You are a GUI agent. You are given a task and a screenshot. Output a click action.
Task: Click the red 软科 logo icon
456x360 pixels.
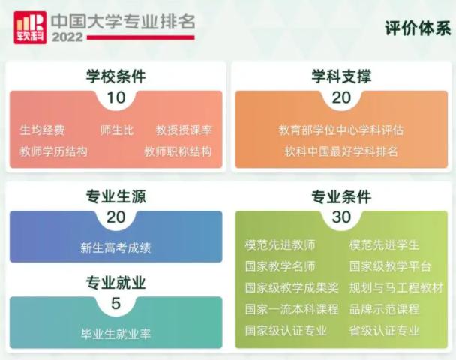29,27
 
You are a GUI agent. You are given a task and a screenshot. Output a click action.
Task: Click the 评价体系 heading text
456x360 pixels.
417,28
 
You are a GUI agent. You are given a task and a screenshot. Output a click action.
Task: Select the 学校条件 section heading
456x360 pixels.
115,76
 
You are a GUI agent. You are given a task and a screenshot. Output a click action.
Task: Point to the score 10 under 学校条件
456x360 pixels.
115,97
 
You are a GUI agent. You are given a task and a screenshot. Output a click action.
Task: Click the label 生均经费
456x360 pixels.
42,130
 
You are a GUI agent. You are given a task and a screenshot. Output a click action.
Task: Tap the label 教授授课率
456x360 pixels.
184,130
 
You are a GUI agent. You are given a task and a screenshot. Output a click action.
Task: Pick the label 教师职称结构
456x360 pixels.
178,151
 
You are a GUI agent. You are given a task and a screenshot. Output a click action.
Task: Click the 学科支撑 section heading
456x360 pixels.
341,76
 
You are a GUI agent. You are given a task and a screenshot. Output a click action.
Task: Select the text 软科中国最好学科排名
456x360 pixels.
341,151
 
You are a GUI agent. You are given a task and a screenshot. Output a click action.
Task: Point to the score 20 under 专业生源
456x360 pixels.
115,217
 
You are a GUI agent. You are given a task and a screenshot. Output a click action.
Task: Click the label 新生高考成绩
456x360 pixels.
115,247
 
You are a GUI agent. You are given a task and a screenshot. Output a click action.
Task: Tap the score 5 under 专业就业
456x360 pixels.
115,304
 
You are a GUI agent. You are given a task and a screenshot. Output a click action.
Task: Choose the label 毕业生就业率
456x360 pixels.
115,333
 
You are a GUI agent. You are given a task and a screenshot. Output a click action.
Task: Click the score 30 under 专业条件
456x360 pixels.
341,217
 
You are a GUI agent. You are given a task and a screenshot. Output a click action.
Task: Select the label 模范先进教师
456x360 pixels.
280,245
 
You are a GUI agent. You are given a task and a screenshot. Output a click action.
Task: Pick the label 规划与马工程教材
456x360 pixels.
396,288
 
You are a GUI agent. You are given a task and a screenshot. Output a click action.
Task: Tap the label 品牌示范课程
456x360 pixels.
384,309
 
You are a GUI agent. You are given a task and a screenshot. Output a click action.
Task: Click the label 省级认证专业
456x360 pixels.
384,331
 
